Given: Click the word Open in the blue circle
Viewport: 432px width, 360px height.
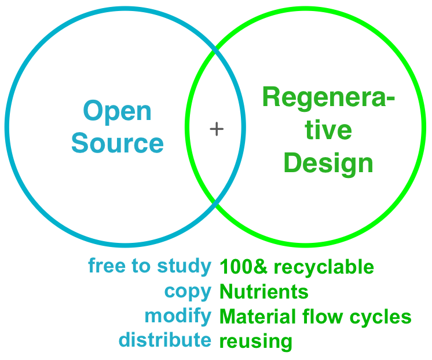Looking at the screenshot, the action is click(117, 112).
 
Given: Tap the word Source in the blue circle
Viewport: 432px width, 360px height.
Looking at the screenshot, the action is click(118, 143).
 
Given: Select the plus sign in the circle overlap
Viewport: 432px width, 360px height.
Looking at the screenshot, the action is click(217, 129).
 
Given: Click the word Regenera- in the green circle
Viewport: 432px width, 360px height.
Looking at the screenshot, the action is click(328, 98).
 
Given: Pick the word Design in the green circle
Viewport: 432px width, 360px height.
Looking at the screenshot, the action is click(328, 163).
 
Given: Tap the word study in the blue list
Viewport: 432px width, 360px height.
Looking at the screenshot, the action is click(184, 267).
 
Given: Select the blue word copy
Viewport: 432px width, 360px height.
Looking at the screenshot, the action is click(188, 292).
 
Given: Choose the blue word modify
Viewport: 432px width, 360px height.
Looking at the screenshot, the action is click(178, 316).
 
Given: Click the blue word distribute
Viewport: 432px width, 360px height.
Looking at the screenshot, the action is click(165, 339).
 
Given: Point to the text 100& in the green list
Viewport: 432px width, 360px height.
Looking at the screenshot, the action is click(243, 267).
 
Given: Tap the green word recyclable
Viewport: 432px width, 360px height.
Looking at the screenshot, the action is click(324, 268).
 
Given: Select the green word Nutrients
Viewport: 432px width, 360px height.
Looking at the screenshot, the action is click(264, 292).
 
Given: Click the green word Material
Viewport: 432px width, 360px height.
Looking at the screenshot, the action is click(258, 316).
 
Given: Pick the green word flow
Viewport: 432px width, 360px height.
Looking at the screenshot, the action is click(323, 316).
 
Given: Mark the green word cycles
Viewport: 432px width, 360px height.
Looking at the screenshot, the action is click(380, 317).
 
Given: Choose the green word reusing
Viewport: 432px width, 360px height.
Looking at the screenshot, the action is click(256, 341).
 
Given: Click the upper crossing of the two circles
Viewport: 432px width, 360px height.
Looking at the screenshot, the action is click(215, 50).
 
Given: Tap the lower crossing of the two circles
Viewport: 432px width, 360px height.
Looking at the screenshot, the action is click(215, 203).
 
